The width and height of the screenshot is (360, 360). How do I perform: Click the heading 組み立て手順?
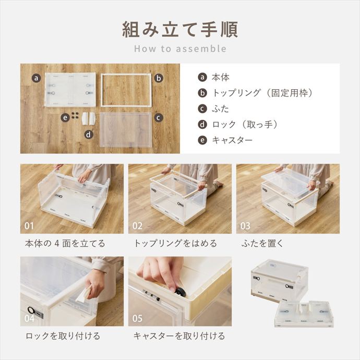(180, 29)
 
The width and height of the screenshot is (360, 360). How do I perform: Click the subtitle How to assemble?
(180, 49)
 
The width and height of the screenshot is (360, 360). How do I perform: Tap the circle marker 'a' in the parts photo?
(35, 78)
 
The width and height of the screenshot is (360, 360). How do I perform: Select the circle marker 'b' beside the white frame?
(159, 78)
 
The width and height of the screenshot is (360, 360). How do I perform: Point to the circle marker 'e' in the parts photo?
(65, 117)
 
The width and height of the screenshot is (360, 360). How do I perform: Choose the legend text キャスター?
(232, 140)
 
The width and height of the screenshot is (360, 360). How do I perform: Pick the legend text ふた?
(220, 109)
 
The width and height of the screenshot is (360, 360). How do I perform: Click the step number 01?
(30, 226)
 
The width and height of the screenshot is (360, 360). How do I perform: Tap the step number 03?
(246, 226)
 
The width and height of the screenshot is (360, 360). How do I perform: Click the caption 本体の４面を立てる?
(65, 243)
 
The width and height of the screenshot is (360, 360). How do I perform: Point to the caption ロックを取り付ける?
(63, 335)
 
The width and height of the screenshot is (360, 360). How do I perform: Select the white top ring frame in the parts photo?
(126, 76)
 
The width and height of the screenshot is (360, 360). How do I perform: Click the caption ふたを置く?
(262, 243)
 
